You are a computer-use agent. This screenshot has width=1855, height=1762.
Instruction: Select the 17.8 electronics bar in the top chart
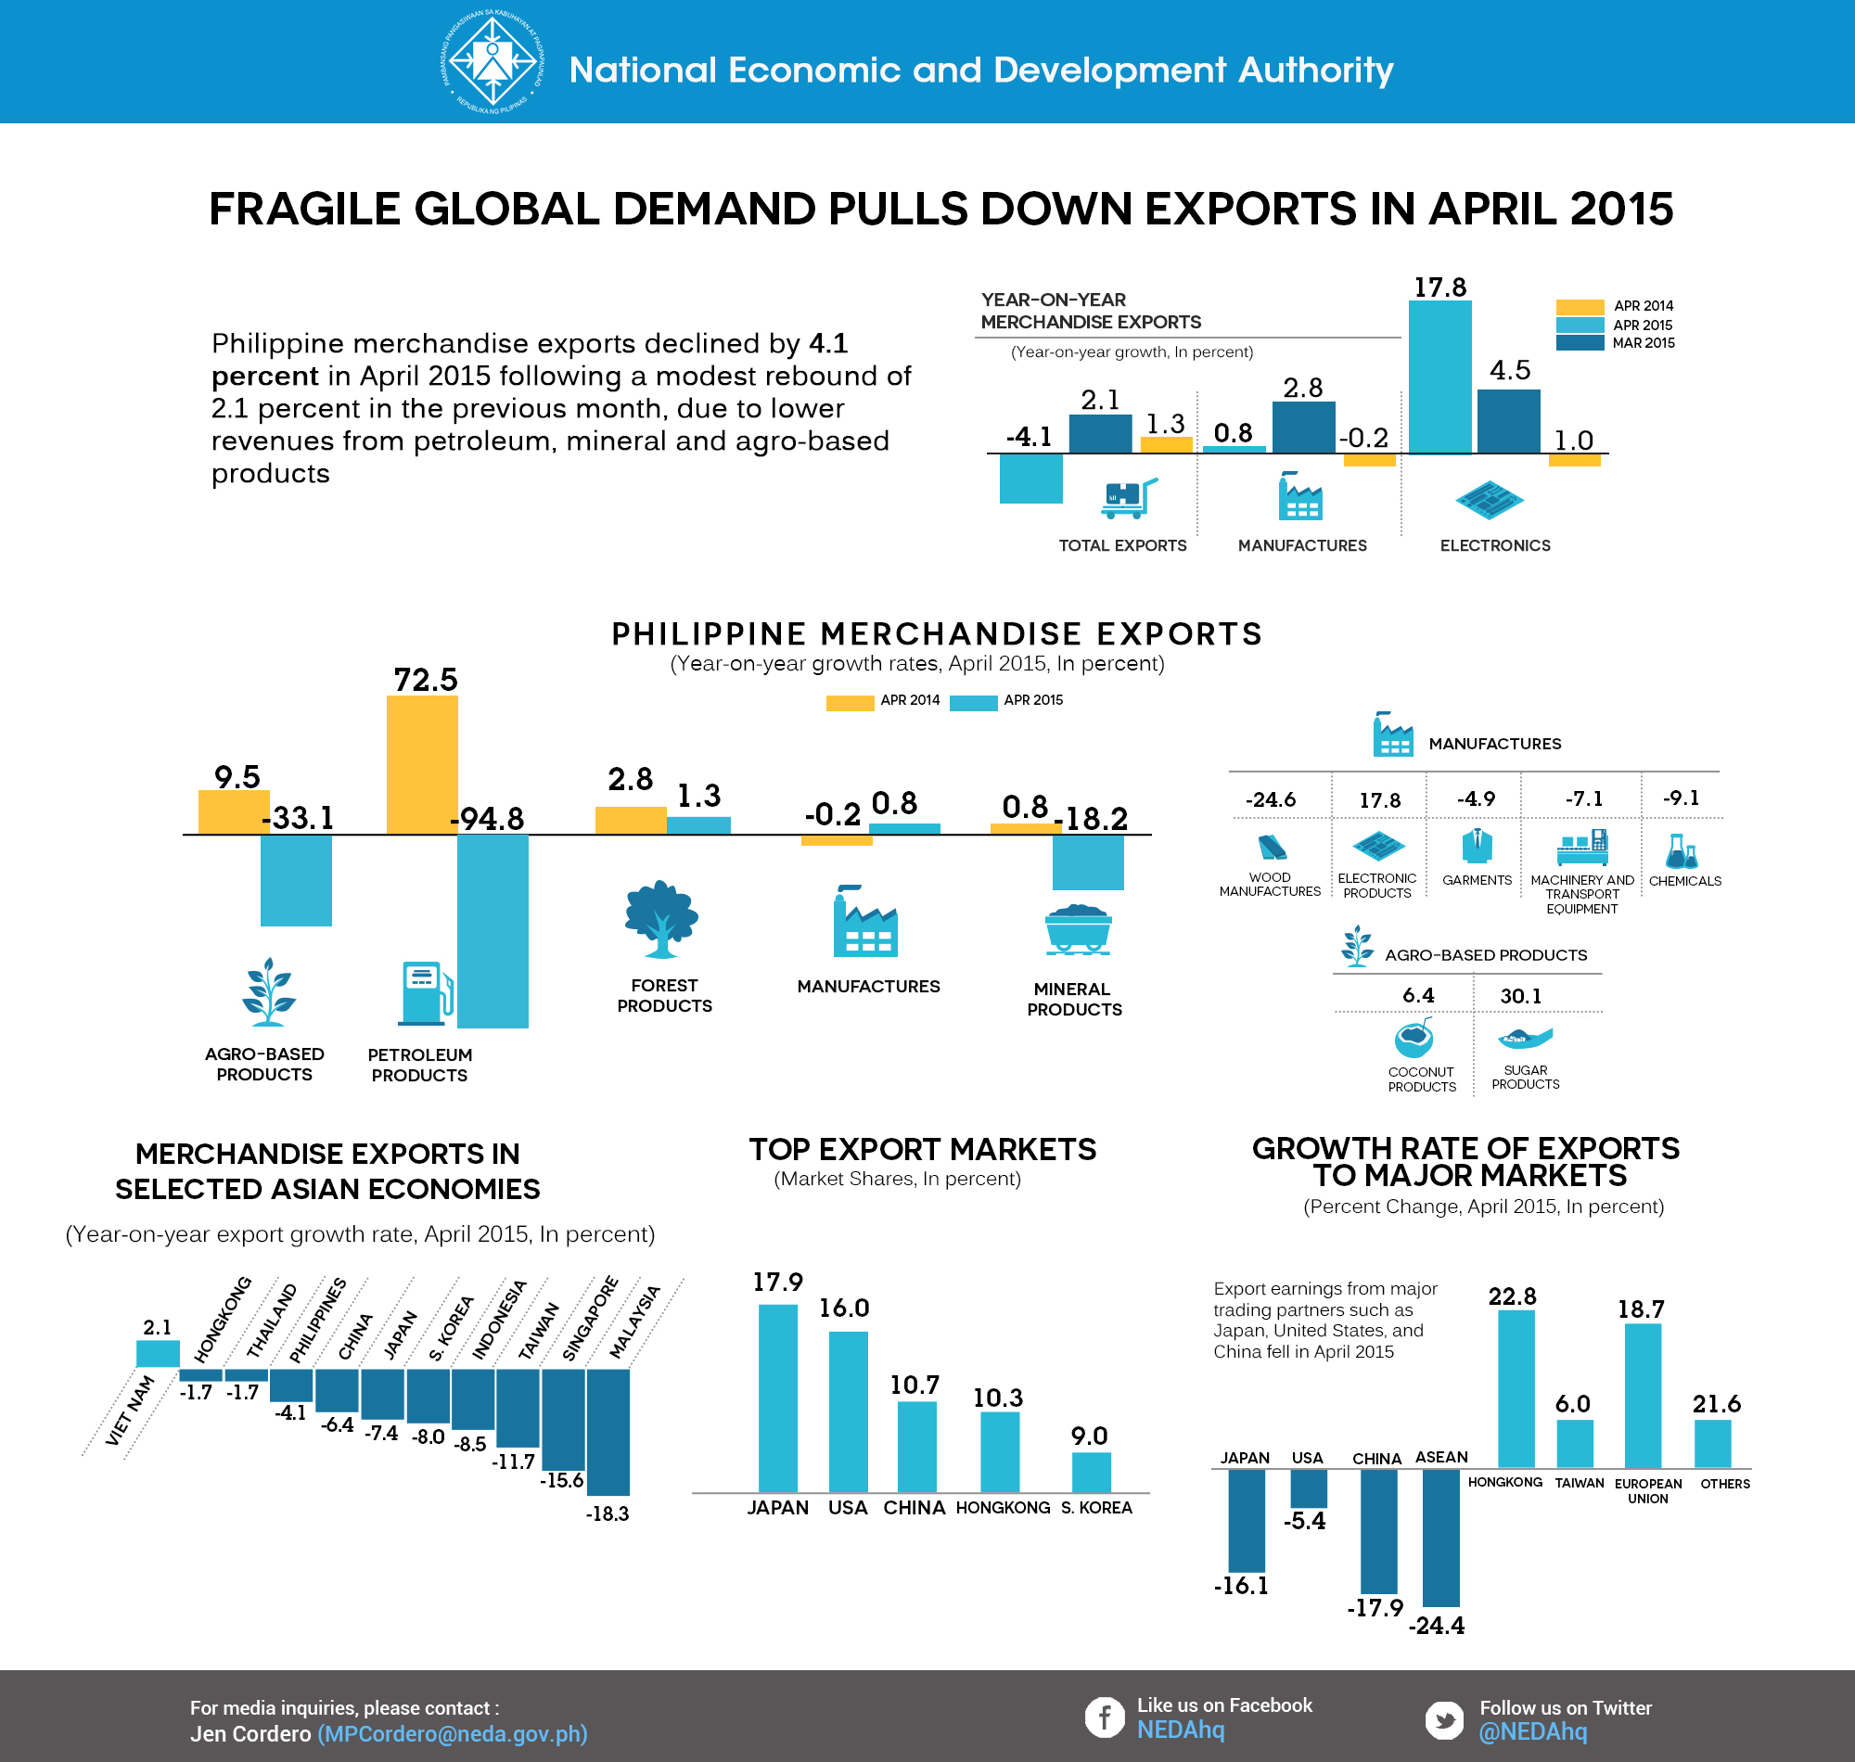[x=1439, y=377]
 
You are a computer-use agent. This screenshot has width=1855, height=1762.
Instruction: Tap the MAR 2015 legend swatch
[x=1579, y=343]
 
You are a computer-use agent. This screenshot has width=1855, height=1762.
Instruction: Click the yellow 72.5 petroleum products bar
[x=422, y=764]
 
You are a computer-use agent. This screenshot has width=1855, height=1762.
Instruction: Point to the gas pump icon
[x=426, y=993]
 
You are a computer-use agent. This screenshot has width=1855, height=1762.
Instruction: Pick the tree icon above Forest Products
[x=661, y=919]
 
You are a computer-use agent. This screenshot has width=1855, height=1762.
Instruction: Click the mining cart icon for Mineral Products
[x=1079, y=929]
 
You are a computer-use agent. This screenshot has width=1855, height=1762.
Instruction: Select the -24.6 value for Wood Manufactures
[x=1270, y=799]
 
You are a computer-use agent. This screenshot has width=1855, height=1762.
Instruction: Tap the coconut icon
[x=1414, y=1040]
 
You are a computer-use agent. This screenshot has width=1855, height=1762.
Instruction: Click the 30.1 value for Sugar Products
[x=1520, y=996]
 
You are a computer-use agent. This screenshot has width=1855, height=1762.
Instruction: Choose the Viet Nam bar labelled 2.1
[x=158, y=1353]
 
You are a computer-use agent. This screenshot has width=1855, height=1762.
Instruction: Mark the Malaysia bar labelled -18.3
[x=608, y=1431]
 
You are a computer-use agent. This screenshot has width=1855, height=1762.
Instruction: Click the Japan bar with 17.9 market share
[x=777, y=1398]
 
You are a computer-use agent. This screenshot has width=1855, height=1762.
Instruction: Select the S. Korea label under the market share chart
[x=1096, y=1508]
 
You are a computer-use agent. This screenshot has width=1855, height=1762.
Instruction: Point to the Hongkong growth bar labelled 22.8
[x=1516, y=1388]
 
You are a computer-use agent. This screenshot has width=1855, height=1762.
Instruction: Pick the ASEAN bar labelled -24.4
[x=1440, y=1538]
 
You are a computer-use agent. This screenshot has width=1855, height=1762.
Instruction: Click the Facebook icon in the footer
[x=1105, y=1717]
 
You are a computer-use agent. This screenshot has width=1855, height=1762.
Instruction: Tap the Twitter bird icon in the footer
[x=1443, y=1719]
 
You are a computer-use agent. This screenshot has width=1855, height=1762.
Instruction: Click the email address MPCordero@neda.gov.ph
[x=453, y=1734]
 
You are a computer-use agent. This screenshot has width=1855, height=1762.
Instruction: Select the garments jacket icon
[x=1477, y=846]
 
